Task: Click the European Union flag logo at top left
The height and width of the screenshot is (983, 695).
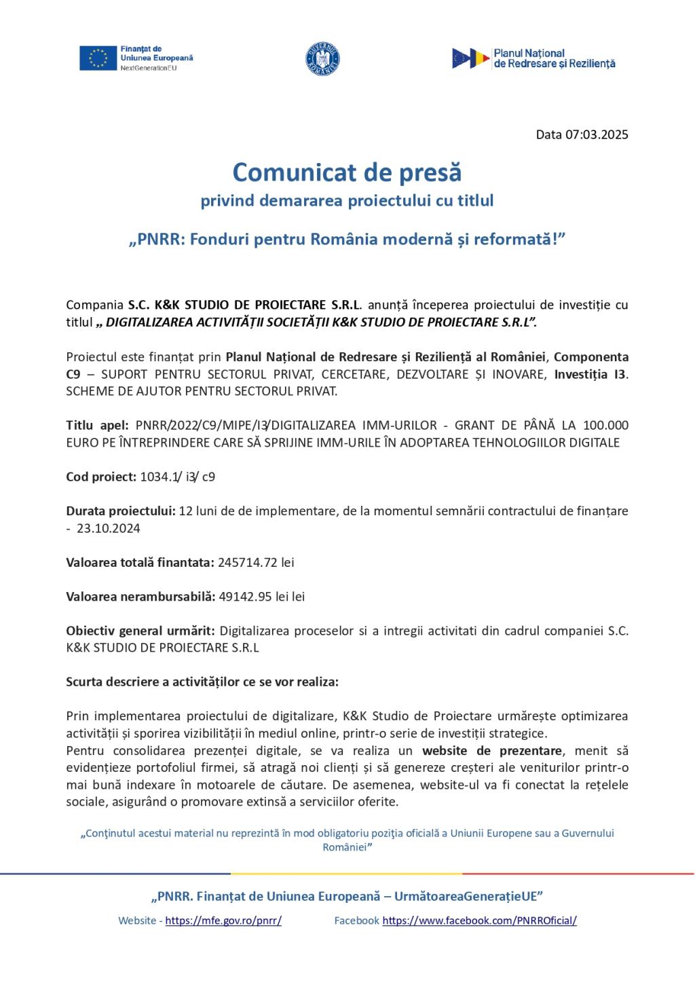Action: click(98, 58)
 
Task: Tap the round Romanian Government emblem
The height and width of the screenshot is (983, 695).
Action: click(322, 58)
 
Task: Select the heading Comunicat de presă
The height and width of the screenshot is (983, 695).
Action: click(347, 172)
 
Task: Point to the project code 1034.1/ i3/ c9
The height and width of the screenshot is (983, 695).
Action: click(178, 477)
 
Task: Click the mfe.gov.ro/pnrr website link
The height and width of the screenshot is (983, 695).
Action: click(223, 921)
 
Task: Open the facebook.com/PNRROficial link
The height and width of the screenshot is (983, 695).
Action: click(479, 921)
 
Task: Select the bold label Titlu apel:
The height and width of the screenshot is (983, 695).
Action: click(97, 426)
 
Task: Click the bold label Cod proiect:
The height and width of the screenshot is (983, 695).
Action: click(101, 477)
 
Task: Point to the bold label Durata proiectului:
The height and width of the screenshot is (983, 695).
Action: click(121, 511)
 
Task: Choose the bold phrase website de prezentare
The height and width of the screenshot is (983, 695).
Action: click(491, 751)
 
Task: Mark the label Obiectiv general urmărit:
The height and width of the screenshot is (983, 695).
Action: click(141, 631)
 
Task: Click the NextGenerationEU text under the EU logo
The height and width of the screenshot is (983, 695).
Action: click(144, 69)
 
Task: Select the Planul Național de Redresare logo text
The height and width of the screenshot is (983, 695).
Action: click(554, 58)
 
